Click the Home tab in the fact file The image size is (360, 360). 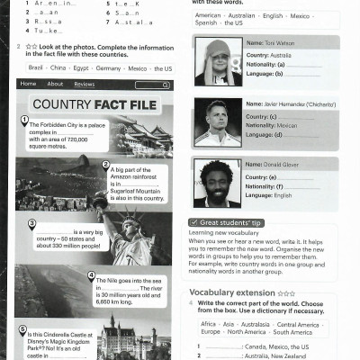[28, 84]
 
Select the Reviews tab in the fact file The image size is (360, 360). [84, 84]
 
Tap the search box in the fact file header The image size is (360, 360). [153, 85]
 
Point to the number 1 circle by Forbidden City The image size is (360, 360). [24, 121]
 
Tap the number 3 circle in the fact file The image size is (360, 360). [31, 224]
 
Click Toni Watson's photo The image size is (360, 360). [217, 60]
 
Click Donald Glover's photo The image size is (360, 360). [217, 182]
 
